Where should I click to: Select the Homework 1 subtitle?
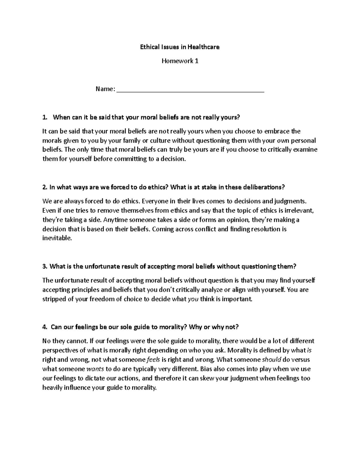coord(180,61)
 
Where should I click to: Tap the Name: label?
coord(105,89)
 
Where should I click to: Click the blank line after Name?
coord(190,90)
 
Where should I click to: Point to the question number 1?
coord(45,117)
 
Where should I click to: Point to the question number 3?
coord(45,266)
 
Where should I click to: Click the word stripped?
coord(53,299)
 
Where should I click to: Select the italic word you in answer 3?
coord(193,299)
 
